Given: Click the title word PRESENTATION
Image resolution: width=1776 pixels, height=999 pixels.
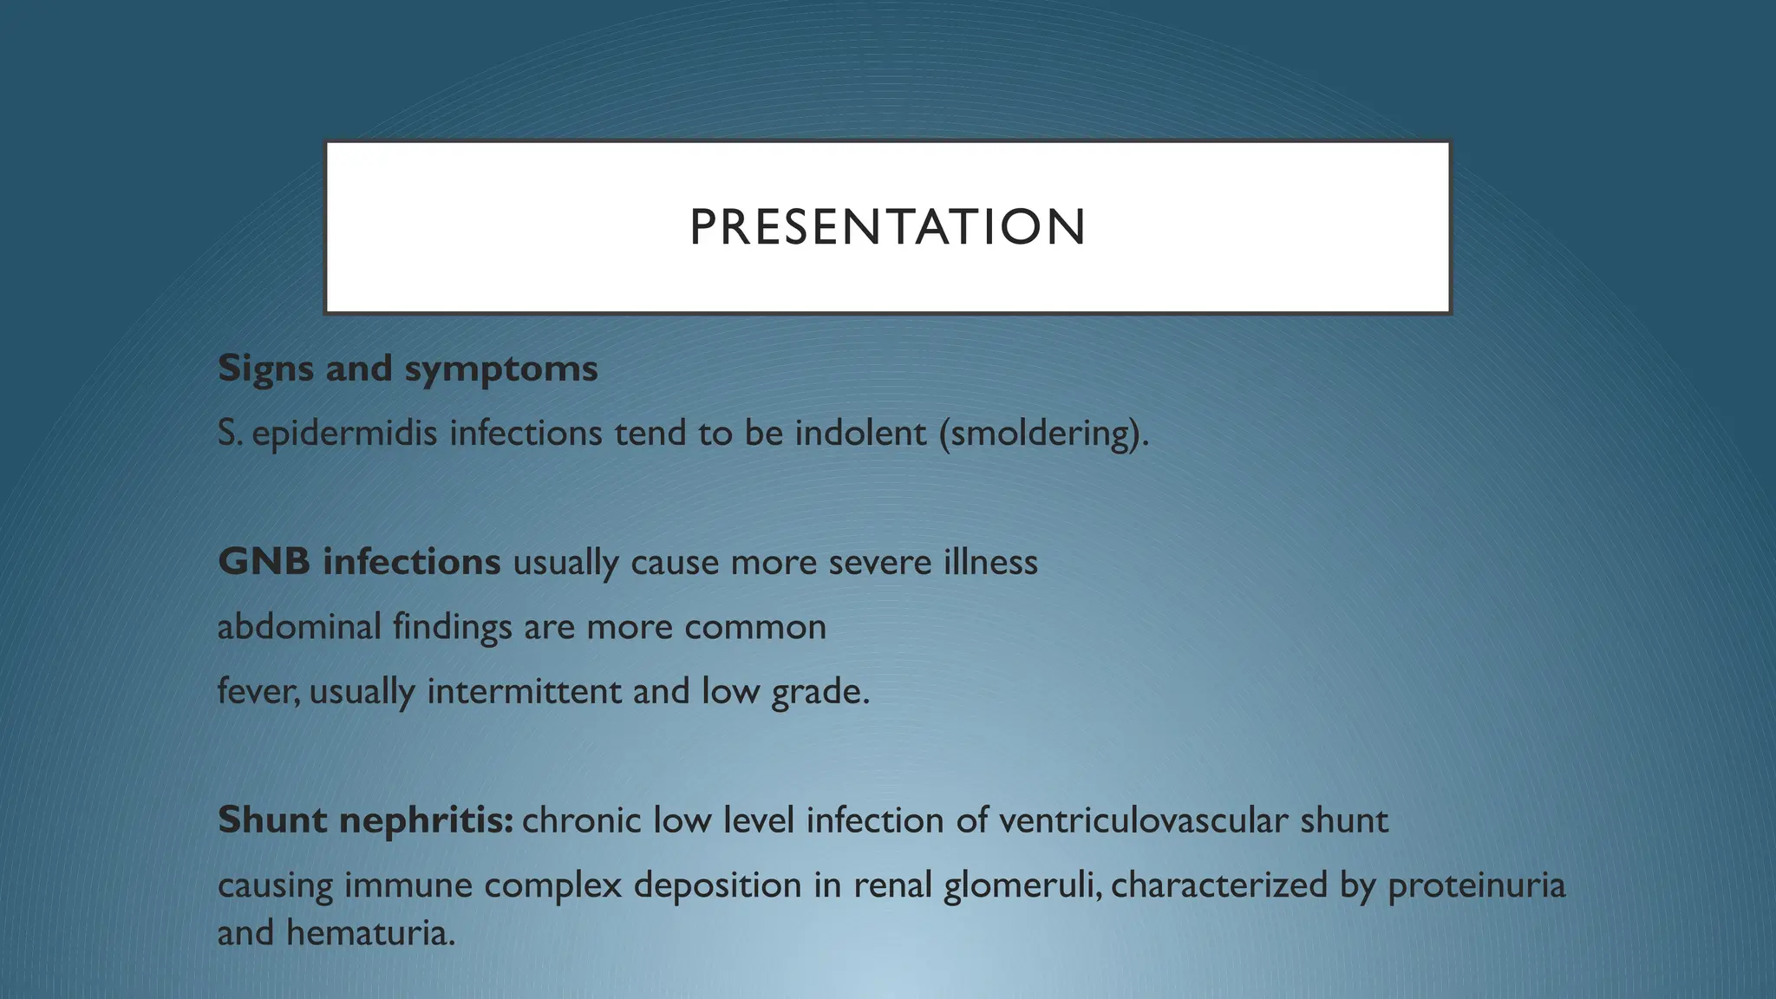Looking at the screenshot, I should click(887, 227).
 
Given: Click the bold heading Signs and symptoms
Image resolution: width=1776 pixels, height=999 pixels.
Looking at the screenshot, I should click(408, 369).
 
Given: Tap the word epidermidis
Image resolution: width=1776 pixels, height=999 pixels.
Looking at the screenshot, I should click(344, 433).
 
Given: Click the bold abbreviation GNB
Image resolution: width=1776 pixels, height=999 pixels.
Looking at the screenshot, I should click(264, 562).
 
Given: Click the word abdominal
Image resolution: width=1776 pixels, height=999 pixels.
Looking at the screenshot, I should click(299, 626).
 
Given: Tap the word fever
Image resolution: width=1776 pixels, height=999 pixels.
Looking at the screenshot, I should click(257, 691).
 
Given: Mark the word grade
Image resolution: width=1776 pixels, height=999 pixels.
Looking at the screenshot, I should click(819, 691).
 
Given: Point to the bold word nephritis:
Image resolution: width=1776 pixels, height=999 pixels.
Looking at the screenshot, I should click(428, 819).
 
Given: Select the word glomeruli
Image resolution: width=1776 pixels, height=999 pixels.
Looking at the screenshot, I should click(1022, 885).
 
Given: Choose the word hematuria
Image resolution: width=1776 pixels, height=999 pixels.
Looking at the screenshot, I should click(370, 933).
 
